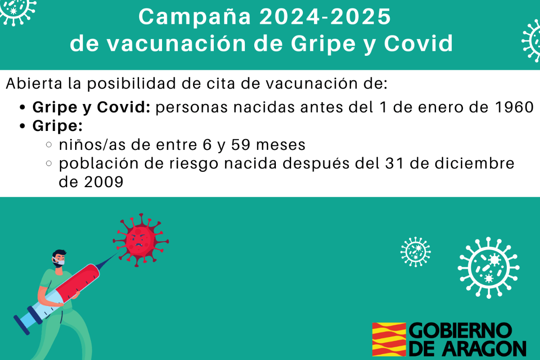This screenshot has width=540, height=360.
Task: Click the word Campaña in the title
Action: [x=194, y=18]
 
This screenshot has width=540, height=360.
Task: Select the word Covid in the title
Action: [x=418, y=43]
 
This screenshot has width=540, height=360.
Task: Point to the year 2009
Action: [x=103, y=182]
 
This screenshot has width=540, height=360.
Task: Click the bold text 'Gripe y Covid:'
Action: [x=91, y=108]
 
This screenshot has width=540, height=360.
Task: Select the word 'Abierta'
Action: [x=34, y=83]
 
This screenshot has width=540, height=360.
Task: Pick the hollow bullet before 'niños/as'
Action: [x=49, y=145]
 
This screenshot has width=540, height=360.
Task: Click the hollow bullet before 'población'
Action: [x=49, y=163]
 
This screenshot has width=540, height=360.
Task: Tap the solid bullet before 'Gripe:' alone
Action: [x=22, y=126]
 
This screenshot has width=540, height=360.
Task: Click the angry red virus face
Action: [x=140, y=240]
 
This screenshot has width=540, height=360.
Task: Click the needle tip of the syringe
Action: [x=118, y=253]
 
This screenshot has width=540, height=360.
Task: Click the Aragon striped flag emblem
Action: [x=389, y=339]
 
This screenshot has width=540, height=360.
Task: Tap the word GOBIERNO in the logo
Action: [x=460, y=331]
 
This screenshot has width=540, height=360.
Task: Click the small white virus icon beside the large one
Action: [x=415, y=252]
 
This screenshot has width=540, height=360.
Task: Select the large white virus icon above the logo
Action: [x=488, y=268]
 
